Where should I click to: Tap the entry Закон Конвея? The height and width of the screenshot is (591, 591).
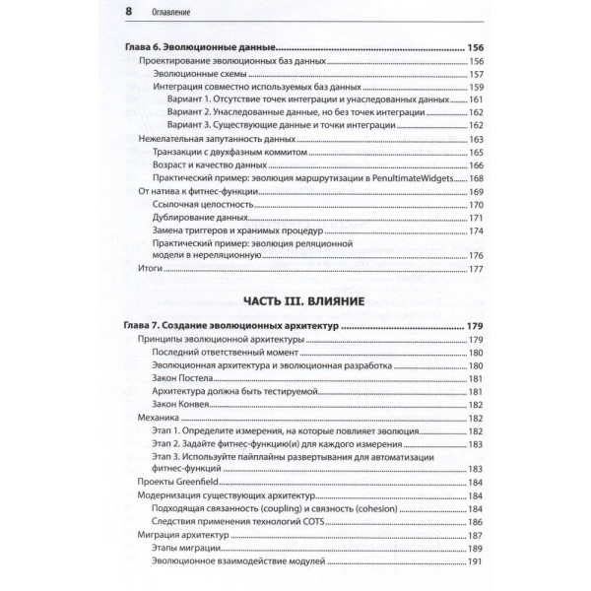tap(179, 405)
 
